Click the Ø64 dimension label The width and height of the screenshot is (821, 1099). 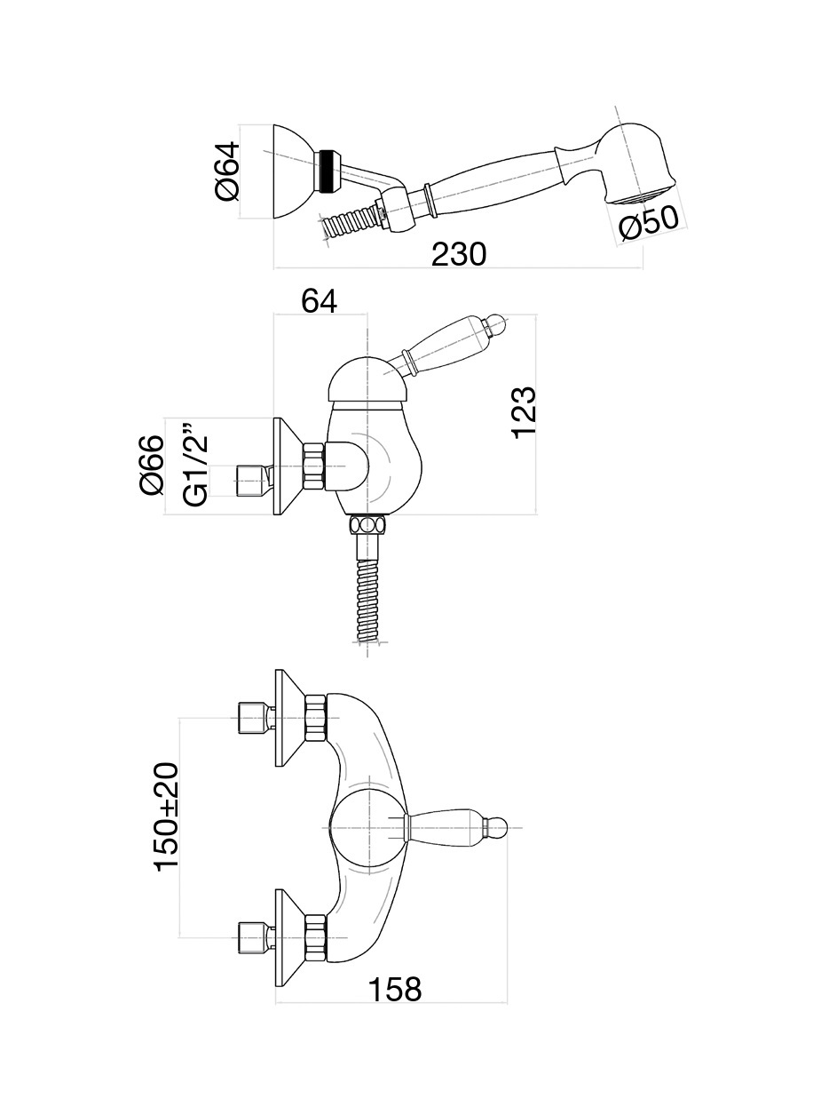pyautogui.click(x=227, y=171)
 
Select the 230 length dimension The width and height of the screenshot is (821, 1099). pyautogui.click(x=459, y=254)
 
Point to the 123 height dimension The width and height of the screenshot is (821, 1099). pyautogui.click(x=524, y=411)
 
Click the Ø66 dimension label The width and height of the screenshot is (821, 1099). pyautogui.click(x=152, y=465)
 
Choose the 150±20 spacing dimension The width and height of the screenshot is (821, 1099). pyautogui.click(x=168, y=816)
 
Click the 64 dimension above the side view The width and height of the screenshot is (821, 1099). pyautogui.click(x=319, y=300)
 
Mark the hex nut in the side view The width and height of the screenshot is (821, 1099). pyautogui.click(x=314, y=466)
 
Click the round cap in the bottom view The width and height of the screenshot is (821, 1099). pyautogui.click(x=366, y=826)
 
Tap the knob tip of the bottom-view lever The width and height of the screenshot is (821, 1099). pyautogui.click(x=499, y=827)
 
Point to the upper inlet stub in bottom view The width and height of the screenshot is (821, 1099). pyautogui.click(x=252, y=717)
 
